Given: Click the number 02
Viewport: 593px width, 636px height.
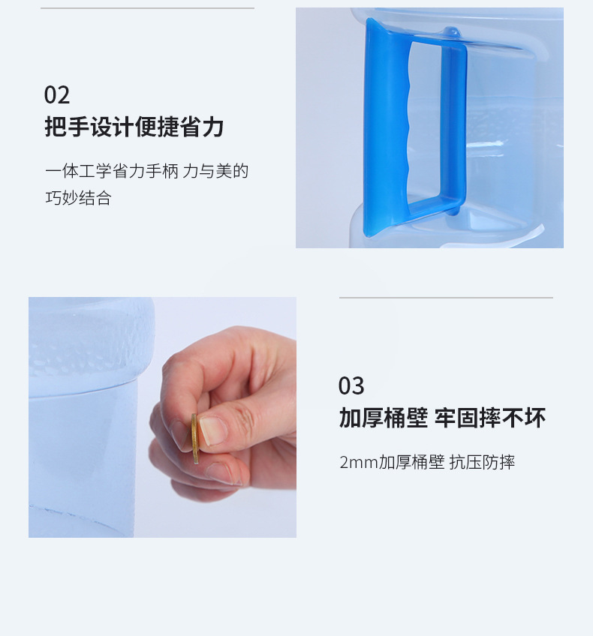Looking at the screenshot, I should click(x=57, y=95).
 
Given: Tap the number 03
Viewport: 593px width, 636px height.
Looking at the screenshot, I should click(x=351, y=386).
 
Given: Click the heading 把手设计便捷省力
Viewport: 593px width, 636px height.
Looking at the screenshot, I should click(x=134, y=127).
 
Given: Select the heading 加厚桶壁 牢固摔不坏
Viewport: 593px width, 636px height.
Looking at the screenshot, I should click(x=442, y=418).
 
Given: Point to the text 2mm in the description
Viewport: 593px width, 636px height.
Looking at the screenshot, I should click(x=358, y=462).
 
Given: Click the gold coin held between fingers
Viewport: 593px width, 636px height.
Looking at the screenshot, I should click(x=194, y=438).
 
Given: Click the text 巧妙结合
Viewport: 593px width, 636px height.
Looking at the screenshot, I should click(x=78, y=199).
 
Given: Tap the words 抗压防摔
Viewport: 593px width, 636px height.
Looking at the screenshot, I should click(x=482, y=462).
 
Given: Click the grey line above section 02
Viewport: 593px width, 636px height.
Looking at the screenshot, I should click(x=147, y=8).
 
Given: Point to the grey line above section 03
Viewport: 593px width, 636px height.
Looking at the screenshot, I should click(x=446, y=298).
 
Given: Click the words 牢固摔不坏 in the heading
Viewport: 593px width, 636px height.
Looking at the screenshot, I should click(x=490, y=418).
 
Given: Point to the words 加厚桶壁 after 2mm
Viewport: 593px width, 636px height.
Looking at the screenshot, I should click(x=411, y=462).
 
